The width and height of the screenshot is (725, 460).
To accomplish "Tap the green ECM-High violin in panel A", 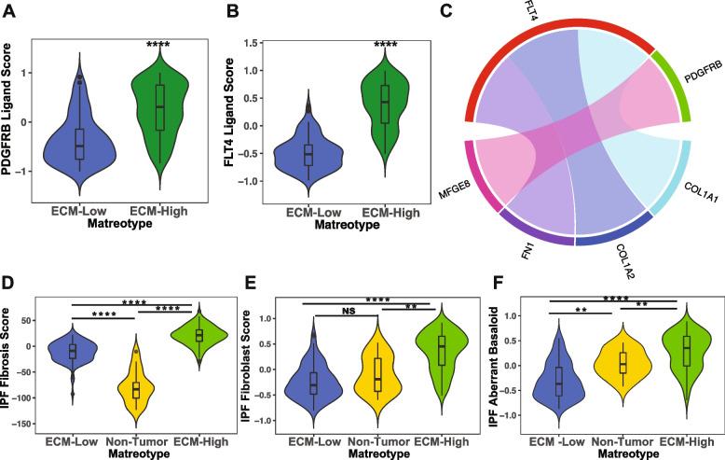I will pos(159,112).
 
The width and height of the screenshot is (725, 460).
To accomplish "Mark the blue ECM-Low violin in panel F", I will pos(558,383).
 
